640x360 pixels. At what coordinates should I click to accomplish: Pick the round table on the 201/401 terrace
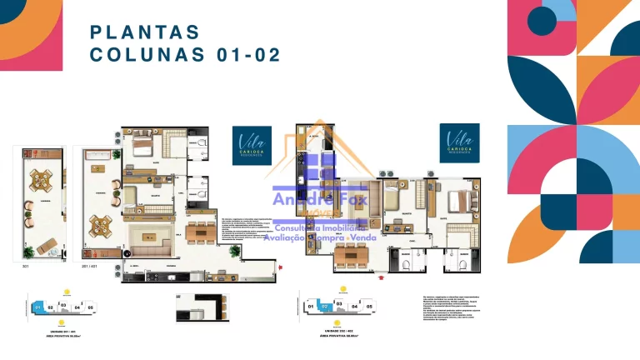(x=102, y=224)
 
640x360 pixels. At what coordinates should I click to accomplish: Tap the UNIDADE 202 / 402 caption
(x=337, y=331)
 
